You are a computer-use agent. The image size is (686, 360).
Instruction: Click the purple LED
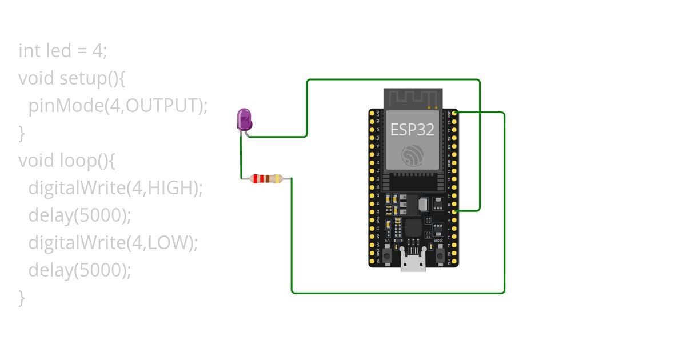[244, 119]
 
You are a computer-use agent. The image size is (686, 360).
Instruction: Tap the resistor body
[266, 179]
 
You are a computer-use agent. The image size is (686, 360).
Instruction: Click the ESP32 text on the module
[412, 130]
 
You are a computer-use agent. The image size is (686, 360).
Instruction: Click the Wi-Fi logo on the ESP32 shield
[412, 155]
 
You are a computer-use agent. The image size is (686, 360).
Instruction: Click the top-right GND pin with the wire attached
[454, 113]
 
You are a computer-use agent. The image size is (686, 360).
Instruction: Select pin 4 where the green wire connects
[454, 211]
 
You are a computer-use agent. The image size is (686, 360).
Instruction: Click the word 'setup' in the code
[83, 78]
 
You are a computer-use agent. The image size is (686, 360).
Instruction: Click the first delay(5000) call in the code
[79, 215]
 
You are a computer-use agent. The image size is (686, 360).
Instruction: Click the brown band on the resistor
[254, 179]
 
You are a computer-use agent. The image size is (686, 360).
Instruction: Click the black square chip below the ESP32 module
[412, 228]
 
